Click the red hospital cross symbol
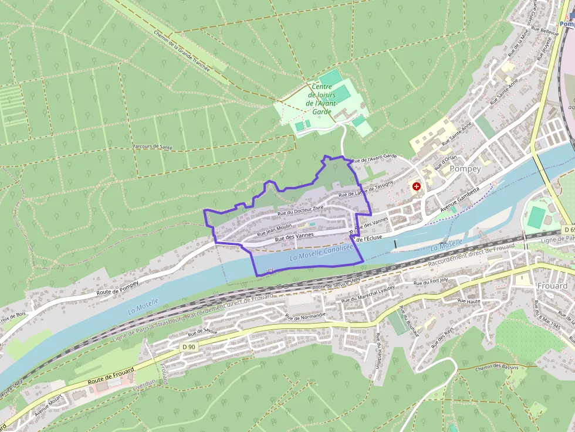417,186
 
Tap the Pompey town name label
465,168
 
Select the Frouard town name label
552,285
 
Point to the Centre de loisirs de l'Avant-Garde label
322,99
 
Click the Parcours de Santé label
152,147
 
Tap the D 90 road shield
188,347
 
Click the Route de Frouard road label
111,375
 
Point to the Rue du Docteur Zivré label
300,209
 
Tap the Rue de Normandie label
305,317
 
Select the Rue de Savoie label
202,332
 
